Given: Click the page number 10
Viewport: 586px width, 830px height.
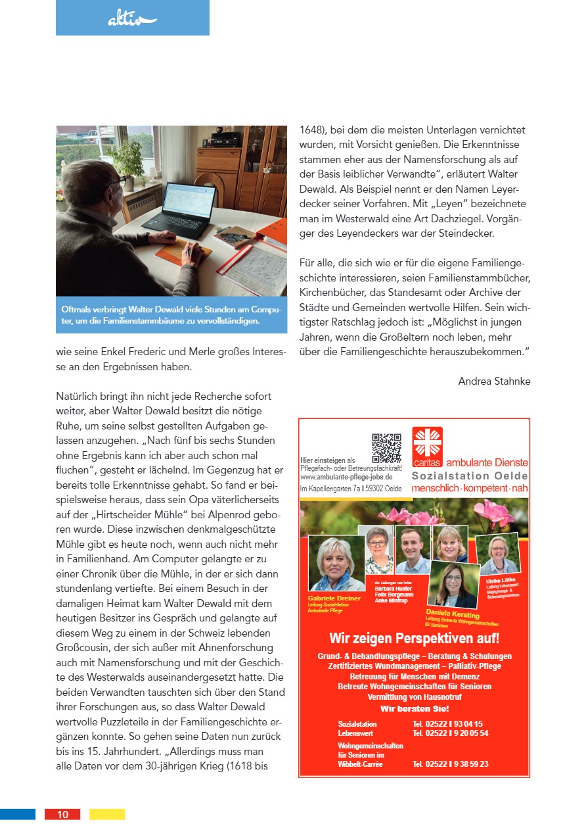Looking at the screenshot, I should pyautogui.click(x=62, y=814).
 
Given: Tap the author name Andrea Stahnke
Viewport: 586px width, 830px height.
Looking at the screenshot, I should pyautogui.click(x=494, y=381).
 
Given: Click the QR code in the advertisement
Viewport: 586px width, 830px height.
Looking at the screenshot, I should pyautogui.click(x=386, y=448).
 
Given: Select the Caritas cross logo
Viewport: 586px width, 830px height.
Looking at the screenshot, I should pyautogui.click(x=428, y=442).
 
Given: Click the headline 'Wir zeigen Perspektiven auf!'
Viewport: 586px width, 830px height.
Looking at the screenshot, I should pyautogui.click(x=414, y=639).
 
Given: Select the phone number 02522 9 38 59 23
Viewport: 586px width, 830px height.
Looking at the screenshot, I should pyautogui.click(x=451, y=764).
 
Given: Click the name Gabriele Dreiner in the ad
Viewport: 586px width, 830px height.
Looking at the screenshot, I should pyautogui.click(x=333, y=598).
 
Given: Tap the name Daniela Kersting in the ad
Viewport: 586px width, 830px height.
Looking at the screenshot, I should pyautogui.click(x=453, y=614).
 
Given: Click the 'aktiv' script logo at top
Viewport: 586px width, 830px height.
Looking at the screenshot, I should pyautogui.click(x=132, y=20).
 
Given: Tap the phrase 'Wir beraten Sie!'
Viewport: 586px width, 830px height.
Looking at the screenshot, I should pyautogui.click(x=414, y=709).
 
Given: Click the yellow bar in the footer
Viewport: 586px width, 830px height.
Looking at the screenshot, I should pyautogui.click(x=107, y=814).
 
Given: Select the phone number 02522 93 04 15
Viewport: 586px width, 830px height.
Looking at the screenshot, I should pyautogui.click(x=447, y=723).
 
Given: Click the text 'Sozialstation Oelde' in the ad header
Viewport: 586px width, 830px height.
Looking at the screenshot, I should pyautogui.click(x=469, y=476).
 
